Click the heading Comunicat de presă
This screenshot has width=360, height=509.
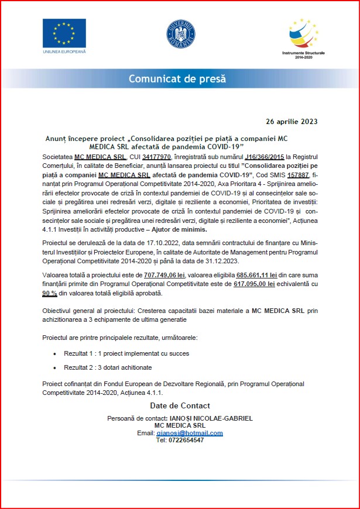coord(177,79)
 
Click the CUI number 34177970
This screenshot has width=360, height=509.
coord(157,157)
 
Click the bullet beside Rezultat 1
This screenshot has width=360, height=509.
coord(56,354)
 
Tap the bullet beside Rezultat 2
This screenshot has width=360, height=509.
coord(56,367)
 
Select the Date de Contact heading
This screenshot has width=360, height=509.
coord(180,405)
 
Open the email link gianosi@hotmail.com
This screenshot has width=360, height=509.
coord(189,433)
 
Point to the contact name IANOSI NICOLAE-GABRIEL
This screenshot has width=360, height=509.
coord(211,419)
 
